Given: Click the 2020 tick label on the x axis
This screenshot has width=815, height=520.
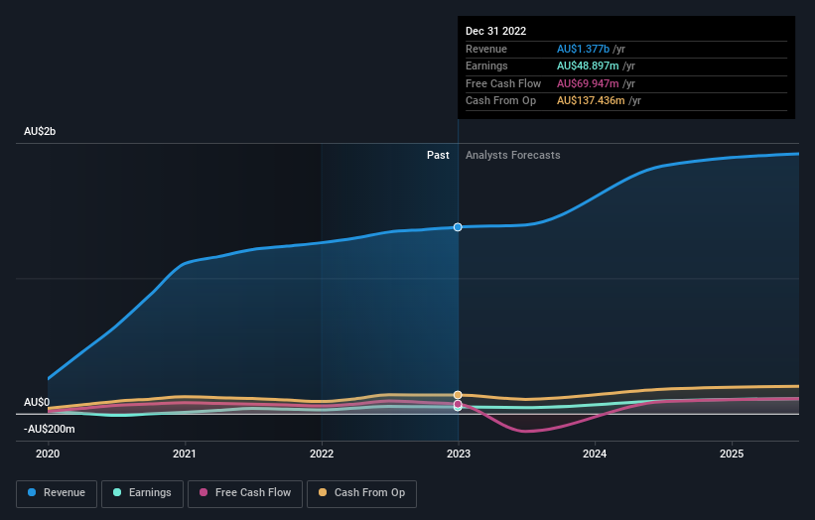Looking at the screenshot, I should point(48,454).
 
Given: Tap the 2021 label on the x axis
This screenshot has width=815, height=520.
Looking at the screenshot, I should point(184,454).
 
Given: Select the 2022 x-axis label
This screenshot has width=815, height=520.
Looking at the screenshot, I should point(322,454).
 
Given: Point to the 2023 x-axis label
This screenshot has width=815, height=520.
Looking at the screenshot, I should point(458,454).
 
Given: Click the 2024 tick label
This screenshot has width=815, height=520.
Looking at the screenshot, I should point(595,454).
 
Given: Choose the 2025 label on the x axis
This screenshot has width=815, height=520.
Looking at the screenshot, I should point(732,454).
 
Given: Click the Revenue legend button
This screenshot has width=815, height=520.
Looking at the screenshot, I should point(57,493).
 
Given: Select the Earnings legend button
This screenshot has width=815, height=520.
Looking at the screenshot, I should point(142,493).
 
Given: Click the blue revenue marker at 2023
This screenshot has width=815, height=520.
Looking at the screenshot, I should point(458,227).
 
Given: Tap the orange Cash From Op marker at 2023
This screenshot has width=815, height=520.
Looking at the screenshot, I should point(458,395).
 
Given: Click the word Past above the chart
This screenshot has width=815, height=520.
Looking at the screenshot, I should point(438,156).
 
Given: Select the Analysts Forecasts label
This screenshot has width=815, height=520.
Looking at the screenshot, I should point(512,156).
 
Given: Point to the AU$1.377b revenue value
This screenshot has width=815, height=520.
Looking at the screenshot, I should point(585,49).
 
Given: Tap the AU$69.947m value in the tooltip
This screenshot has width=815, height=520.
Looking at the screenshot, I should point(589,83).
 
